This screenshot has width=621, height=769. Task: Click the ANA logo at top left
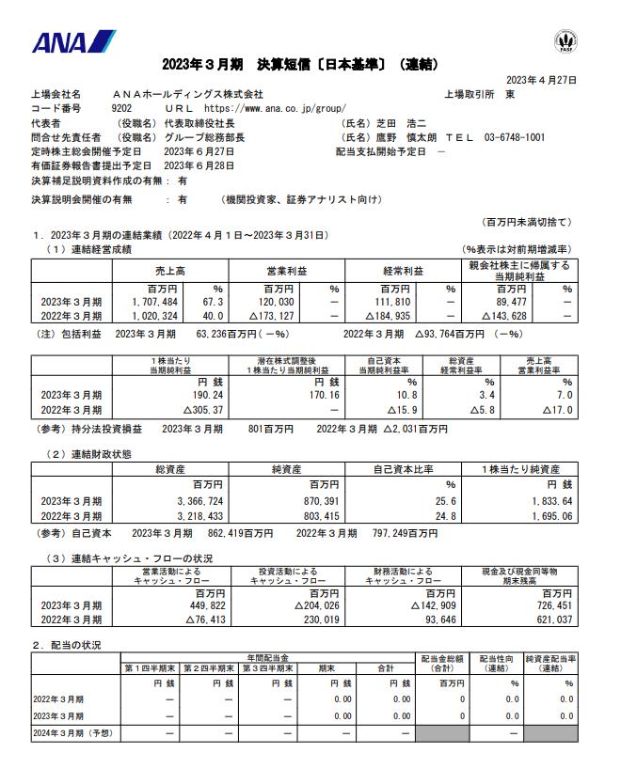coord(73,43)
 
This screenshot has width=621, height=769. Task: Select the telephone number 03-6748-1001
coord(515,137)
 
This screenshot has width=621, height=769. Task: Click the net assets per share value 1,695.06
coord(546,517)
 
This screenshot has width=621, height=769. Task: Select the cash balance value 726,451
coord(548,606)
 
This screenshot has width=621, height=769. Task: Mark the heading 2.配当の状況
coord(67,646)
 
